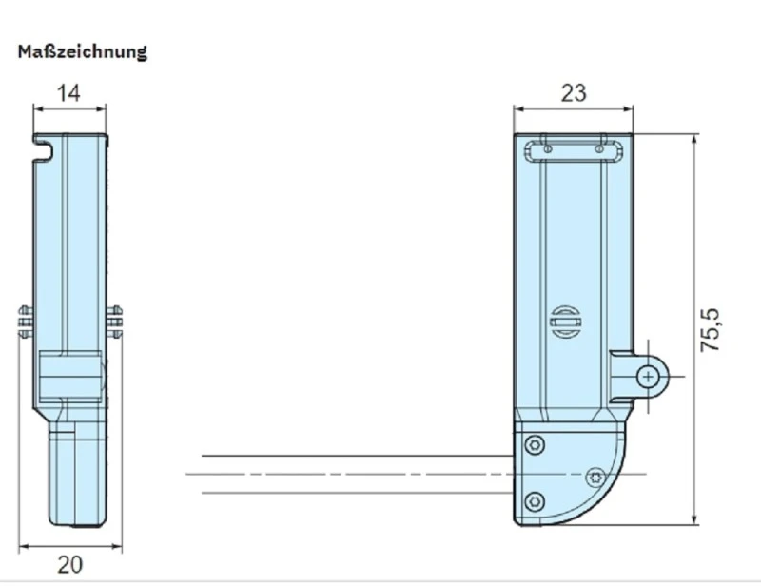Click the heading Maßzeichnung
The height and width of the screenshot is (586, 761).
coord(83,51)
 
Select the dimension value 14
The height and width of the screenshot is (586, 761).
coord(68,92)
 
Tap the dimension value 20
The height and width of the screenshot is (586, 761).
coord(69,564)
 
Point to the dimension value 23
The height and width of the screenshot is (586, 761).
coord(574,92)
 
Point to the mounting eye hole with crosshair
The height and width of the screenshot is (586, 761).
coord(648,377)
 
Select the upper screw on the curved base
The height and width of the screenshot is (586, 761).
coord(537,444)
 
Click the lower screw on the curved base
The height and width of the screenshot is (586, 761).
coord(537,500)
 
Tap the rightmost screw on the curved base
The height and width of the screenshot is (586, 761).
coord(595,476)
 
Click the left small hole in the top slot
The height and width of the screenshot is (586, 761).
coord(547,148)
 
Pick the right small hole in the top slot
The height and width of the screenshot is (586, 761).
coord(598,148)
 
